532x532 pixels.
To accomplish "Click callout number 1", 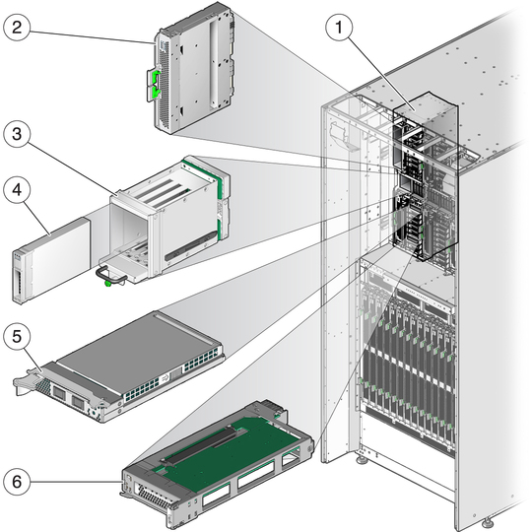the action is point(339,28).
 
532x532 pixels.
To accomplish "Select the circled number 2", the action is point(17,28).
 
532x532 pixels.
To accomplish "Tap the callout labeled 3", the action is point(17,134).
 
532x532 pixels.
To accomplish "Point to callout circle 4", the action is point(17,189).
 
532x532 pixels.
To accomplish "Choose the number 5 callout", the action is point(17,336).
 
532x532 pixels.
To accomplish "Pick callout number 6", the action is point(17,482).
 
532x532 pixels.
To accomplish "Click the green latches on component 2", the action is point(157,85).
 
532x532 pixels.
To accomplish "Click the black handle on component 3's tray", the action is point(110,276).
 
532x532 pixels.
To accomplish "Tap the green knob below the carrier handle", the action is point(108,284).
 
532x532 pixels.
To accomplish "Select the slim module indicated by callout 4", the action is point(51,259).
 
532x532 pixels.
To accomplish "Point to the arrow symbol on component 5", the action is point(166,377).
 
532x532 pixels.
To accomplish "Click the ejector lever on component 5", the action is point(29,381).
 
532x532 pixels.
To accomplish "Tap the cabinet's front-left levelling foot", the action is point(362,460).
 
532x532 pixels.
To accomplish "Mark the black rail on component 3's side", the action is point(191,246).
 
